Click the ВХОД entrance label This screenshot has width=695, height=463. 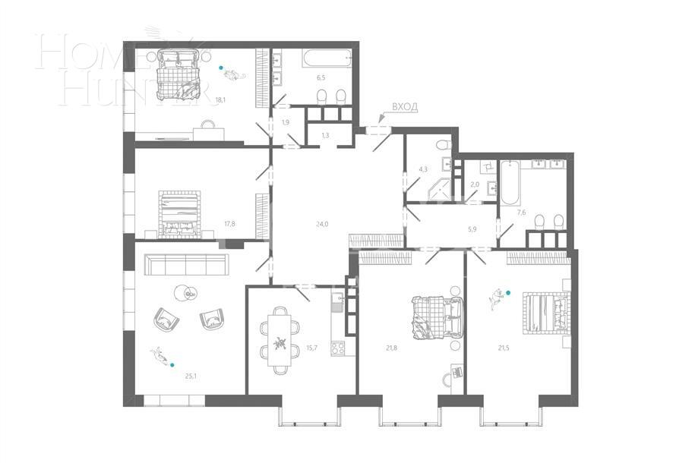point(404,108)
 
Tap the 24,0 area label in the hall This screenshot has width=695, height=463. point(322,224)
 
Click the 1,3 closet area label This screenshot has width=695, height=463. point(325,135)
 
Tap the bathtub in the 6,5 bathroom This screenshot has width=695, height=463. point(324,58)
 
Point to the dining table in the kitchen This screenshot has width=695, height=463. point(280,340)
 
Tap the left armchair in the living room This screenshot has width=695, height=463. point(165,320)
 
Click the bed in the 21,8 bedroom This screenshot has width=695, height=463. point(435,317)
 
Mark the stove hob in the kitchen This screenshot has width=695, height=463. point(338,348)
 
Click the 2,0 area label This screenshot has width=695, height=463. point(475,184)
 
